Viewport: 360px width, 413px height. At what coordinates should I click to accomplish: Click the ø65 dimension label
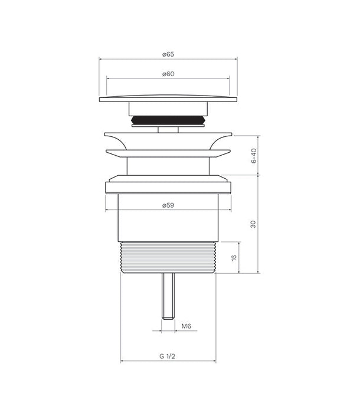pyautogui.click(x=168, y=54)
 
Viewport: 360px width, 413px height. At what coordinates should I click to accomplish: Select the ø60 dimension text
pyautogui.click(x=168, y=74)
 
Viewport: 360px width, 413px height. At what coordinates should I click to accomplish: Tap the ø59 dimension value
pyautogui.click(x=168, y=205)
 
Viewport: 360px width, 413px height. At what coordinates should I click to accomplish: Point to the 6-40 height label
pyautogui.click(x=254, y=156)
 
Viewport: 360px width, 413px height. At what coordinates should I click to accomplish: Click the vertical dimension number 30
pyautogui.click(x=253, y=224)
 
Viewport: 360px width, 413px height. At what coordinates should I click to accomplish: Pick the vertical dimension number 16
pyautogui.click(x=234, y=258)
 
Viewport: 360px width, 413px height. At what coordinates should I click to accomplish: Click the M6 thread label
pyautogui.click(x=186, y=326)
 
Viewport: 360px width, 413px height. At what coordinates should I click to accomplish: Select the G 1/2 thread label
pyautogui.click(x=167, y=356)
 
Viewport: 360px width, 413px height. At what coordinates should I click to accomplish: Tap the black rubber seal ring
pyautogui.click(x=168, y=120)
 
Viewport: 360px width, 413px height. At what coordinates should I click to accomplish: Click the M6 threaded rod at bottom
pyautogui.click(x=168, y=296)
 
